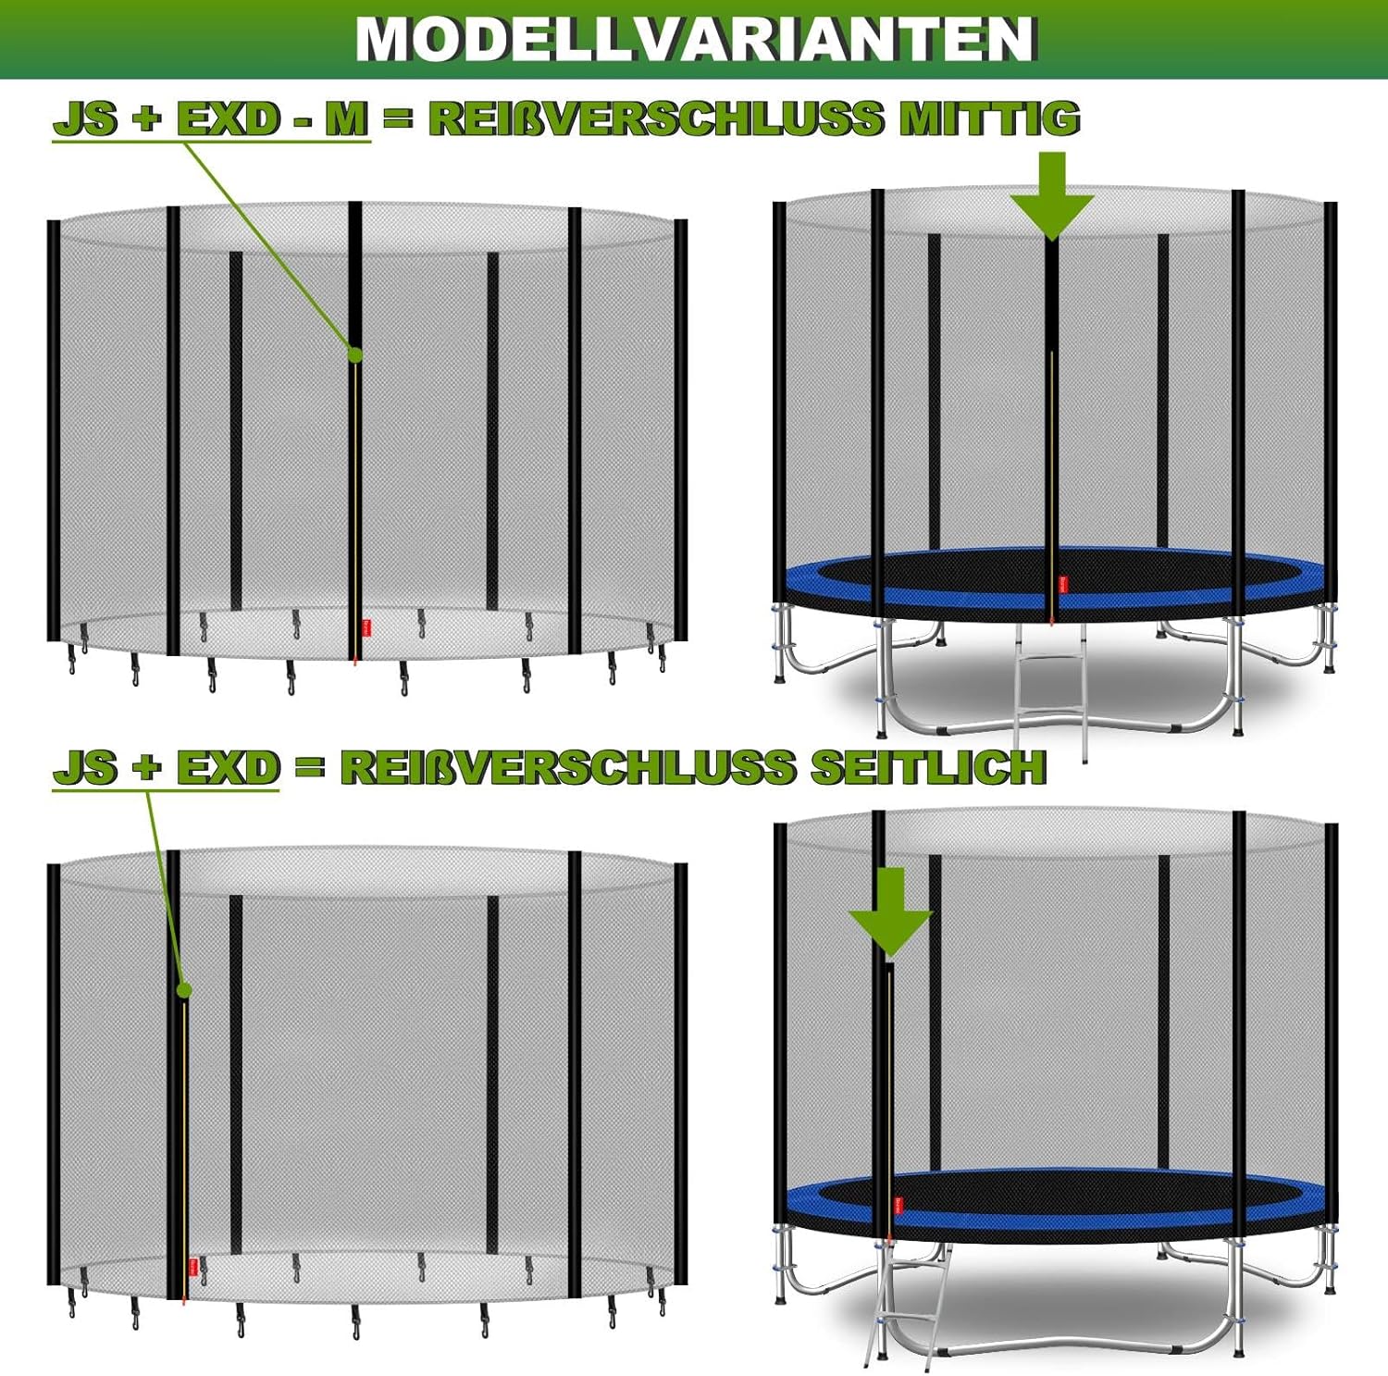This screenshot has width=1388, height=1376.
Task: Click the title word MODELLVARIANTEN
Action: tap(696, 39)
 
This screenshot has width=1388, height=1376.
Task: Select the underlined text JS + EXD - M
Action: tap(211, 119)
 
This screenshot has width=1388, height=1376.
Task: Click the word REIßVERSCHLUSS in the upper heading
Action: tap(656, 119)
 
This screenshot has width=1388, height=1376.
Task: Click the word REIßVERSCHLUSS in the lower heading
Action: tap(567, 767)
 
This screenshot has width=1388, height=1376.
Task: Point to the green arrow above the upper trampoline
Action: tap(1052, 195)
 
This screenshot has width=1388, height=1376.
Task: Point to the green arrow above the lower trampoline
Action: tap(890, 911)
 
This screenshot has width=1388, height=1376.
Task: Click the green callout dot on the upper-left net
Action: tap(354, 353)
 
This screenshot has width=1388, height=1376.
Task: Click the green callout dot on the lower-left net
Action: tap(184, 990)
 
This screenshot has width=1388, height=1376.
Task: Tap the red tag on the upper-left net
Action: tap(366, 626)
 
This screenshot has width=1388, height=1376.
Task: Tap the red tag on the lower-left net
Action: tap(193, 1266)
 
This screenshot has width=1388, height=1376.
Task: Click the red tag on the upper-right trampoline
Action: tap(1064, 585)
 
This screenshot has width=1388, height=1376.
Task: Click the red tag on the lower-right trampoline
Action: tap(899, 1205)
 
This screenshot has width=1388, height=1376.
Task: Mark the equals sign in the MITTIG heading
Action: tap(398, 119)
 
